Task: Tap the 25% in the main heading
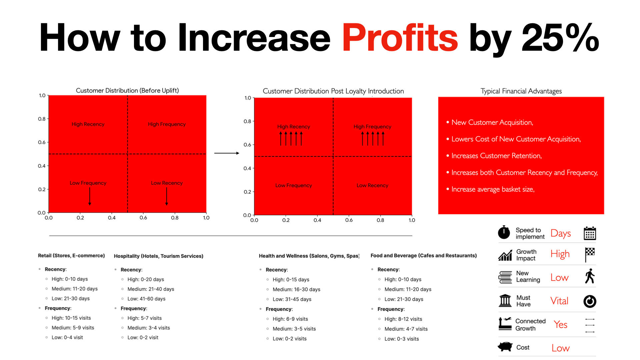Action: pos(560,37)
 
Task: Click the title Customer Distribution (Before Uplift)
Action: pos(127,90)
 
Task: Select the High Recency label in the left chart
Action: pos(88,124)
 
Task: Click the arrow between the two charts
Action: pos(227,153)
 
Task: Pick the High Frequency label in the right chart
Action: pos(372,127)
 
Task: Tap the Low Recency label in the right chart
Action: pos(372,185)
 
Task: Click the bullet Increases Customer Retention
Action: pos(496,156)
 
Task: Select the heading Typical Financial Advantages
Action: pos(521,91)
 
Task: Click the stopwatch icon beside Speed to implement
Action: pos(504,232)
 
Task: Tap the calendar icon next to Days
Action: pos(590,233)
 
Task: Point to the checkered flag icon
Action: pos(590,255)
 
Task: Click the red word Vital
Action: pos(559,301)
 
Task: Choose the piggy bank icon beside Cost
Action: pos(505,347)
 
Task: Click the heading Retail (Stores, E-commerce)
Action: pos(71,256)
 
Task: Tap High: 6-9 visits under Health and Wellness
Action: pos(290,319)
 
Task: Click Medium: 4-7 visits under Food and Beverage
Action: pos(406,329)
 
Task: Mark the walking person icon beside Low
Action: pos(590,276)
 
